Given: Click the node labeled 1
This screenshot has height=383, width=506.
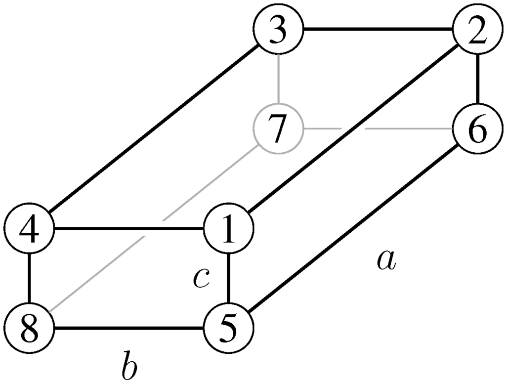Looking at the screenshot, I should pyautogui.click(x=228, y=229).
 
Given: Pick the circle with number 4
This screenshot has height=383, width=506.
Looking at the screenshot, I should pyautogui.click(x=30, y=229).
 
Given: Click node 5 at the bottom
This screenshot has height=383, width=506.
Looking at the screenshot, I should pyautogui.click(x=228, y=328).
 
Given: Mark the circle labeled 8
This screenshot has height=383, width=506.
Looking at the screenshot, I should pyautogui.click(x=30, y=328).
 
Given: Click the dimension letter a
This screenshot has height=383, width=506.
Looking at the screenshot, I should pyautogui.click(x=386, y=260).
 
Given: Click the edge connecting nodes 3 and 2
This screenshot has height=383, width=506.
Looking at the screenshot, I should pyautogui.click(x=378, y=30).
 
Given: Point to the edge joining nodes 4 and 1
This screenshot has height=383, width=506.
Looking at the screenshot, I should pyautogui.click(x=129, y=229).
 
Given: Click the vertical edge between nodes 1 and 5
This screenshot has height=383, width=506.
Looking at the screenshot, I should pyautogui.click(x=228, y=279).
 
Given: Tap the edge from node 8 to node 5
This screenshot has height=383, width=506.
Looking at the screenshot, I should pyautogui.click(x=129, y=328).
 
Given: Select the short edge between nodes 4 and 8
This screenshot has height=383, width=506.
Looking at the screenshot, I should pyautogui.click(x=30, y=279).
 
